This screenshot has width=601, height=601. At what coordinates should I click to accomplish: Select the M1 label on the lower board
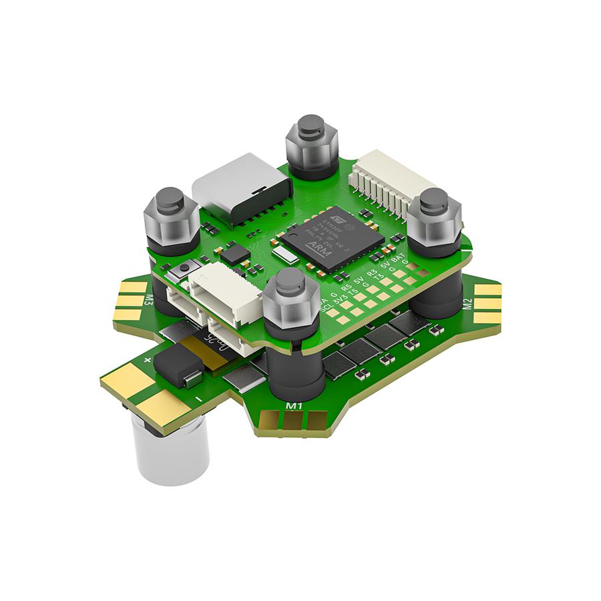(294, 405)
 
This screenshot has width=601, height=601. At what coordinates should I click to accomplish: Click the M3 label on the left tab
(148, 302)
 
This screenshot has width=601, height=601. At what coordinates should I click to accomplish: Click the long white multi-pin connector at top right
(394, 184)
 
